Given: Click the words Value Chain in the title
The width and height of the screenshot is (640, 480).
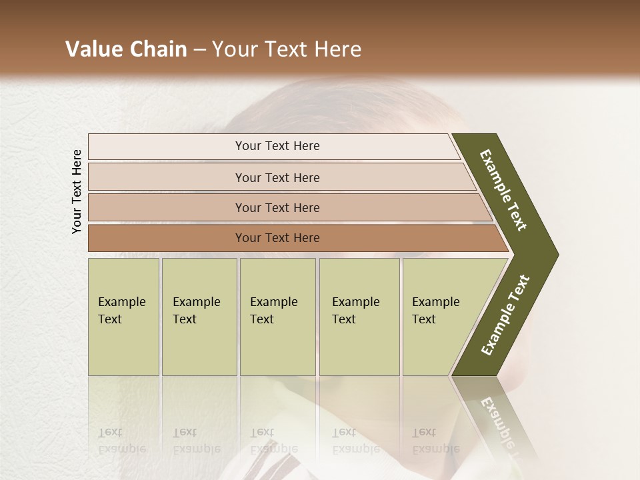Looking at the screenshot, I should [x=126, y=49].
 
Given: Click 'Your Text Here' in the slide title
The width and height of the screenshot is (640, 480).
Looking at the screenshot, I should [x=287, y=49].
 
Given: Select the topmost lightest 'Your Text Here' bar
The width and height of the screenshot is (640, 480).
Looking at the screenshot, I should [x=277, y=146].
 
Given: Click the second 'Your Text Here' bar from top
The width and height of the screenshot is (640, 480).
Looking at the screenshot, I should [x=277, y=177].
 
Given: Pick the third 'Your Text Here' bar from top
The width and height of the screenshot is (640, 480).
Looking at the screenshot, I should [x=277, y=207].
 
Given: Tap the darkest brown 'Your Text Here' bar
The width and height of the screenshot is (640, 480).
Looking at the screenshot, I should [x=277, y=238].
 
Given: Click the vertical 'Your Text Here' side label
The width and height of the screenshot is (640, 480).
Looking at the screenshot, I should [x=77, y=191].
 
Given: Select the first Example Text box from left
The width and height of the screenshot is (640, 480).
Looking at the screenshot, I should [x=123, y=317].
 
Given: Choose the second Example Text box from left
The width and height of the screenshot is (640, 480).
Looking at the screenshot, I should [x=199, y=317].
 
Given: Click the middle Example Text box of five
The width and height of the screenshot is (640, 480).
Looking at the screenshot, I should [x=277, y=317].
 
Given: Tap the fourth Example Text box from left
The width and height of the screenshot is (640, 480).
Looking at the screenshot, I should [x=359, y=317].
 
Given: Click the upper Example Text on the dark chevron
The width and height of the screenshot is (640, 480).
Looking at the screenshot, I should [x=503, y=190].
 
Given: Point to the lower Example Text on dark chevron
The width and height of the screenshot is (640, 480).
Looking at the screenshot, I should [x=505, y=315].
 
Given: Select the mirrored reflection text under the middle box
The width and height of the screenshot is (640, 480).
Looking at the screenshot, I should [x=273, y=440].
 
